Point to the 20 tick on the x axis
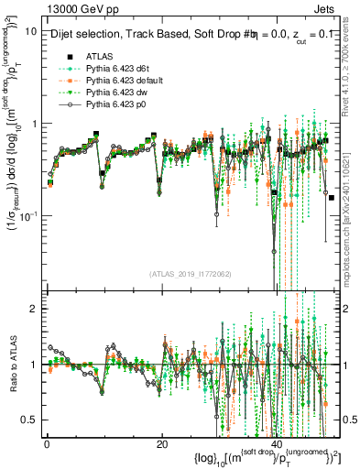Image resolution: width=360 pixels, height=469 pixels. [162, 443]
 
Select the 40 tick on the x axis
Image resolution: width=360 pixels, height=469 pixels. [278, 443]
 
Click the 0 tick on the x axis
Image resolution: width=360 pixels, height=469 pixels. [47, 443]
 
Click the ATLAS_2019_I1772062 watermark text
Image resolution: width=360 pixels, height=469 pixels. [190, 273]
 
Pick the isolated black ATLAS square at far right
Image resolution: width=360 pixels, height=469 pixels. [331, 198]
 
